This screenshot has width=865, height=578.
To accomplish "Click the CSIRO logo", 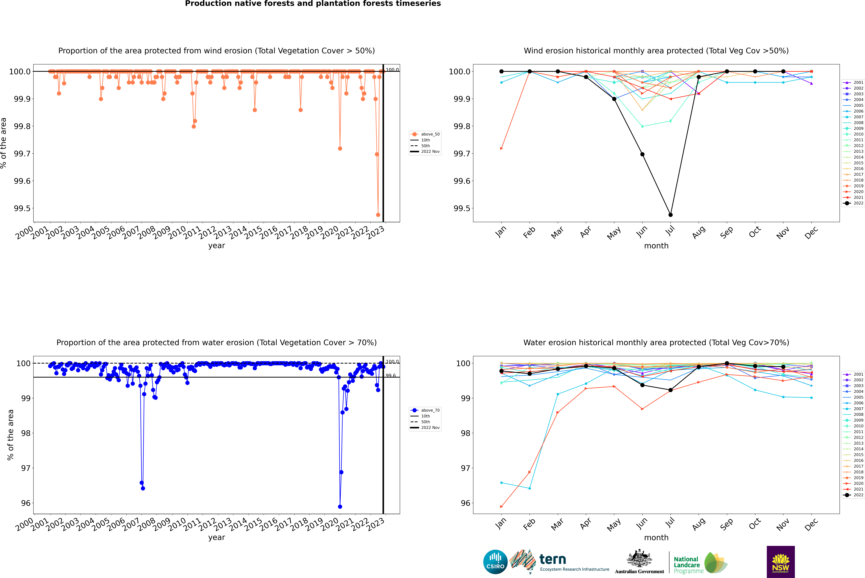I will point(495,562).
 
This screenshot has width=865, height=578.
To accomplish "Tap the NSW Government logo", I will point(781,562).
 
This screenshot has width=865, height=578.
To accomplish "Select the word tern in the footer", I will point(552,559).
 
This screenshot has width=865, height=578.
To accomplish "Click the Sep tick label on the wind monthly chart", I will point(726,232).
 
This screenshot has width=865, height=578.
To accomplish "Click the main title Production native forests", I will point(313,4).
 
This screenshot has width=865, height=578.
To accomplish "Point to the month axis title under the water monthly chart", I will point(656,537).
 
